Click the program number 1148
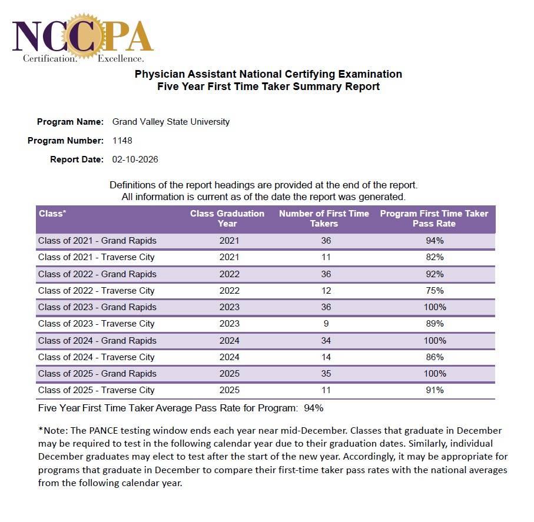point(122,141)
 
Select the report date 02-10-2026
point(135,159)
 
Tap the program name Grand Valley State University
point(171,122)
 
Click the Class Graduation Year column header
point(227,218)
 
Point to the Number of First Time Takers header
point(324,218)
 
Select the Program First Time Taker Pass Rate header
point(434,218)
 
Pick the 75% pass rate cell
point(435,291)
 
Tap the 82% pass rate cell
point(435,257)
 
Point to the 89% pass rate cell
point(435,324)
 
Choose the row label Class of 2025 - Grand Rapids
point(97,374)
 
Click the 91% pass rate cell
point(435,390)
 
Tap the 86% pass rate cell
point(435,357)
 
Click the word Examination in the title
point(370,74)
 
